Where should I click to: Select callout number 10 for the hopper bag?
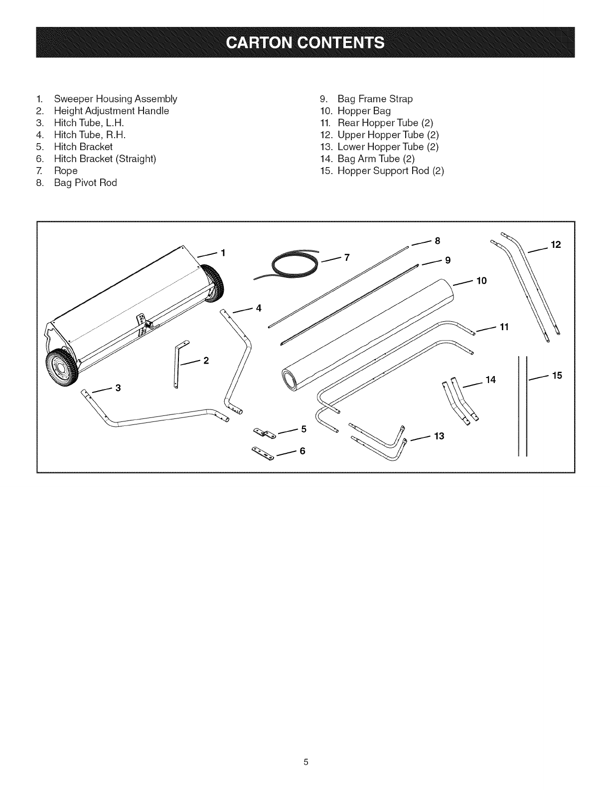click(x=481, y=280)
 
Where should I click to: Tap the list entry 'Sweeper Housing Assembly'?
click(x=115, y=99)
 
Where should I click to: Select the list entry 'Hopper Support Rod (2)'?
click(x=390, y=171)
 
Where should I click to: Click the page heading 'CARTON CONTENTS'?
click(x=305, y=42)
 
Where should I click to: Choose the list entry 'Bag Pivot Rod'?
click(x=85, y=183)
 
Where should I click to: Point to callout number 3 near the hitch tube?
click(x=118, y=388)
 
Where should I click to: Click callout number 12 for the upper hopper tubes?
click(x=556, y=244)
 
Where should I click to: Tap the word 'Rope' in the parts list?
click(x=66, y=171)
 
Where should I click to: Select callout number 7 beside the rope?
click(x=347, y=257)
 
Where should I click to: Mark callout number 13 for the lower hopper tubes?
click(x=439, y=436)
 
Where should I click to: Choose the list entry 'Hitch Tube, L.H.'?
click(x=89, y=123)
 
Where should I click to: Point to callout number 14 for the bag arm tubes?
click(x=491, y=380)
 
